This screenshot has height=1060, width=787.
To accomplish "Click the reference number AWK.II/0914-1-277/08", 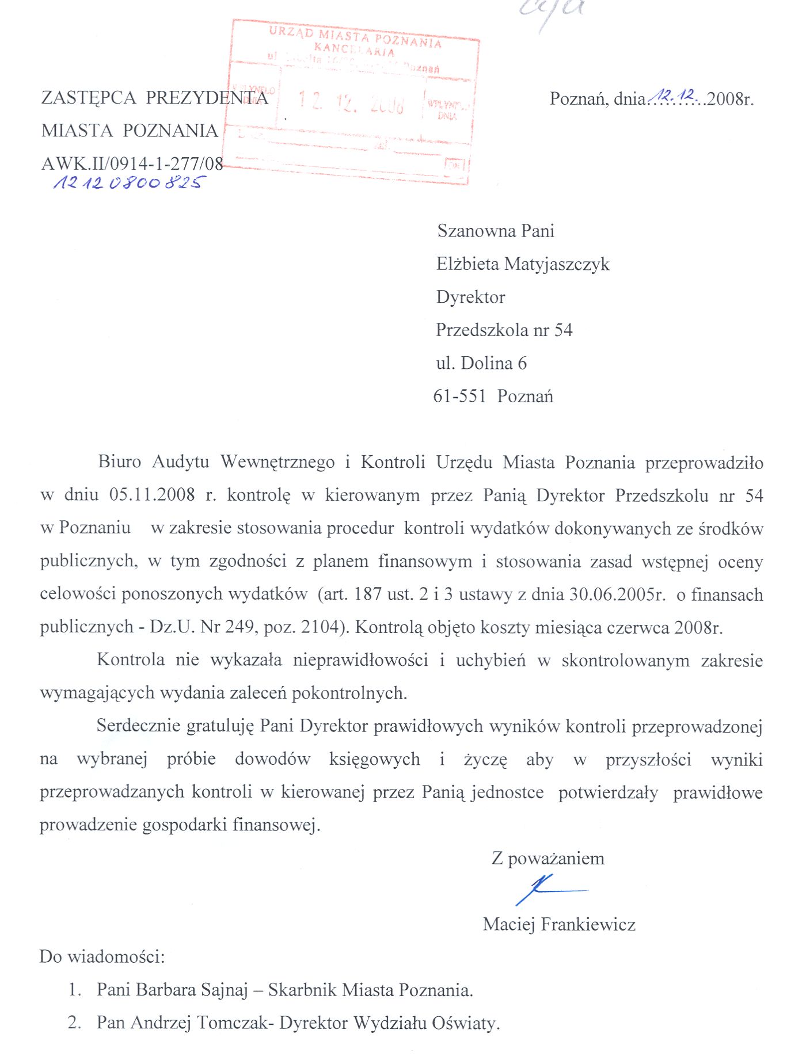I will tap(132, 164).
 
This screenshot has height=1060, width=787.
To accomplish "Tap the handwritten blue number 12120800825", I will tap(128, 183).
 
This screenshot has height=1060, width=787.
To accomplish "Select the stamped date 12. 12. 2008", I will tap(351, 102).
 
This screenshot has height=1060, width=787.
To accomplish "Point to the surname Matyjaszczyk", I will tap(557, 264).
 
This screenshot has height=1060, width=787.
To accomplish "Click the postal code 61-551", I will tap(459, 396).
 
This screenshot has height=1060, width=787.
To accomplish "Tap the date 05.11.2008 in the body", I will tap(152, 495).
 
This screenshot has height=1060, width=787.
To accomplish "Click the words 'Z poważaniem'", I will tap(548, 859).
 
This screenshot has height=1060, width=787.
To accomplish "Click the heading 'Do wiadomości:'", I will tap(102, 957).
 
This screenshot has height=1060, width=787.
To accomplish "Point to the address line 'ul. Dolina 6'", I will tap(481, 363).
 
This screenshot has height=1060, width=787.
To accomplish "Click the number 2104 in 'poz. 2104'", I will tap(320, 627).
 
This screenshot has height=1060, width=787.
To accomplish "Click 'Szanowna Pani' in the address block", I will tap(496, 231).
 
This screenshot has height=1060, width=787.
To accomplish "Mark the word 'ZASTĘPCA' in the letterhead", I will tap(89, 98).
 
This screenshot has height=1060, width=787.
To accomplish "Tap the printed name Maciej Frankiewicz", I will tap(559, 924).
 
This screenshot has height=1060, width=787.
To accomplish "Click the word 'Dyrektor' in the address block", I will tap(470, 297).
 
